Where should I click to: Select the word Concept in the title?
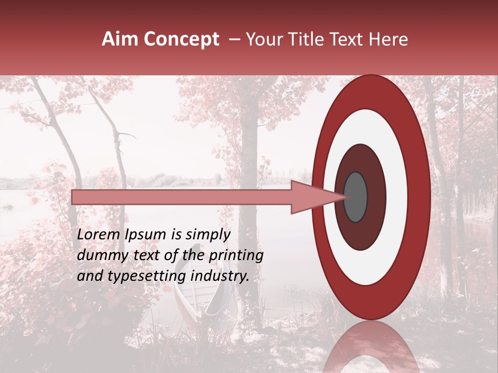(x=181, y=39)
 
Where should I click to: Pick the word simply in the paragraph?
(x=206, y=234)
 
